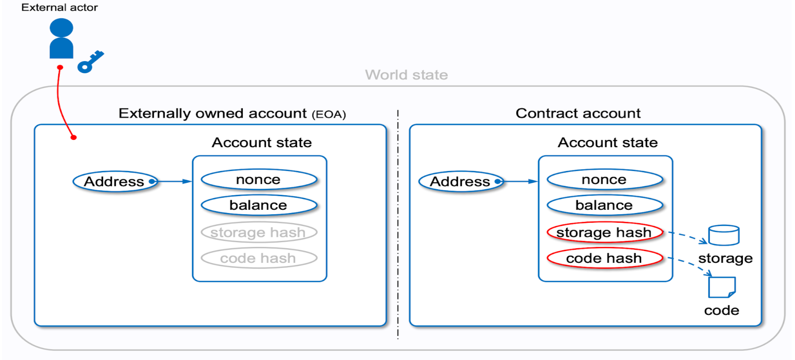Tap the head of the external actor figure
(61, 28)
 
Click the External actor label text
(59, 7)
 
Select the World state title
(406, 75)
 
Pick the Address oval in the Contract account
(460, 181)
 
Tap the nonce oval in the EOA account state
(259, 179)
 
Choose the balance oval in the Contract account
(604, 205)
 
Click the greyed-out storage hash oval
(259, 233)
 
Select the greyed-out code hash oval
(259, 258)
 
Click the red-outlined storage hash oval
(604, 233)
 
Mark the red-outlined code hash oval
(604, 258)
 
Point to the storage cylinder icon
(724, 235)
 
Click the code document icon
(721, 287)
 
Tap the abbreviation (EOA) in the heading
(329, 114)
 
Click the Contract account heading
(578, 113)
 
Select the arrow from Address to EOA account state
(174, 181)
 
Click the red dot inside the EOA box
(74, 137)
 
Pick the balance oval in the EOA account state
(259, 205)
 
